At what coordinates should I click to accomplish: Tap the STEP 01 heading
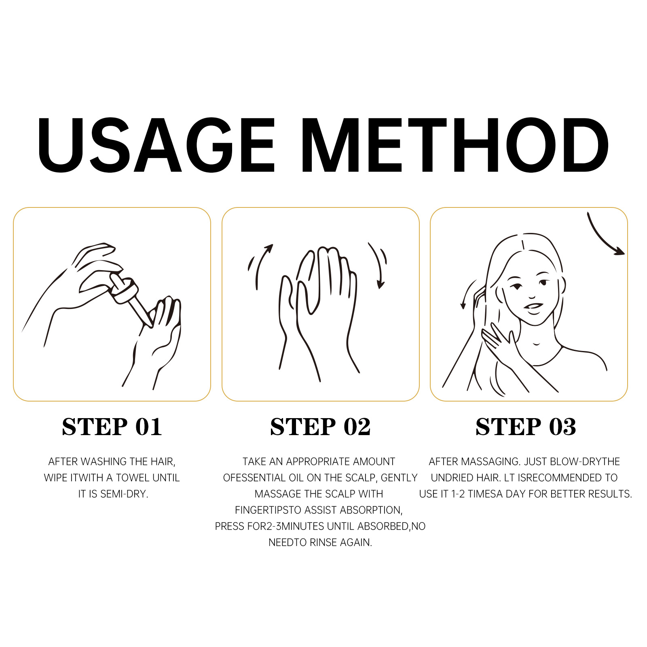click(112, 427)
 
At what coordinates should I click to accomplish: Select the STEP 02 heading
click(320, 427)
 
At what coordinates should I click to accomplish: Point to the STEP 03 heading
click(526, 427)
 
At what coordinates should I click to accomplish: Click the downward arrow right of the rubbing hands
click(378, 265)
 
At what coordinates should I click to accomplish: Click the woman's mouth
click(534, 307)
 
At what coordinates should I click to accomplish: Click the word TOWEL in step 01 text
click(131, 478)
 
